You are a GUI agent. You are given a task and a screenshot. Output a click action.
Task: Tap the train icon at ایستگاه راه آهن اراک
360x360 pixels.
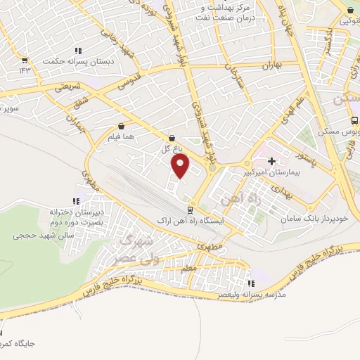pyautogui.click(x=189, y=210)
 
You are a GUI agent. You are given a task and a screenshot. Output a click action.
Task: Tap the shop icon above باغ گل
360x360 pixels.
pyautogui.click(x=173, y=138)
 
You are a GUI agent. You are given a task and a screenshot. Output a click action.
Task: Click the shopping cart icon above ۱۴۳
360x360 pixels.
pyautogui.click(x=25, y=60)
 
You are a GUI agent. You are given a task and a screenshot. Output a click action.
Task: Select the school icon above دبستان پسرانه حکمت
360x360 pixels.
pyautogui.click(x=78, y=51)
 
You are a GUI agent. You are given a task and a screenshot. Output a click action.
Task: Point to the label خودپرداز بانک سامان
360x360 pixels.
pyautogui.click(x=314, y=219)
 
